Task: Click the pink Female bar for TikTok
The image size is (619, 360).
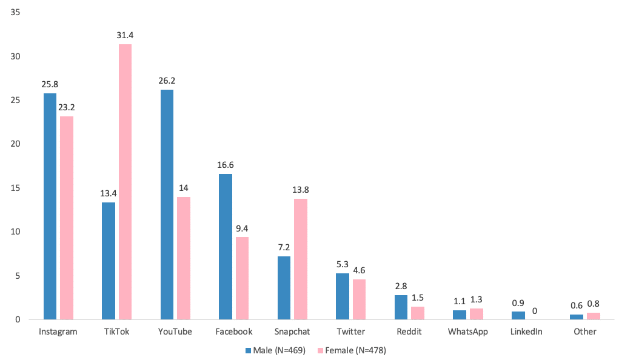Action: tap(125, 182)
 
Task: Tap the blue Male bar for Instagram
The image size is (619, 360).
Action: tap(50, 206)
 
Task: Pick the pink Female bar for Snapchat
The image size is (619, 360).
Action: tap(301, 259)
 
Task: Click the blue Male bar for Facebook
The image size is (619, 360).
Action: tap(226, 247)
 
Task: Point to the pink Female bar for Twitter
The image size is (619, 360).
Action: tap(359, 299)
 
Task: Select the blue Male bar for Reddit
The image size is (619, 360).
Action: tap(401, 307)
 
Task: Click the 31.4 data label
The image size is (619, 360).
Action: tap(125, 36)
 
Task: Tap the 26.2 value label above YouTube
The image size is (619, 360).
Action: tap(167, 81)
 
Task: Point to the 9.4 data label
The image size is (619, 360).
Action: tap(243, 228)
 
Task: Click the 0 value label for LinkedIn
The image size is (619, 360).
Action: tap(535, 311)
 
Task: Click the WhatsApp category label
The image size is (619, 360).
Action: tap(468, 332)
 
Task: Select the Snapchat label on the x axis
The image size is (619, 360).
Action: tap(292, 332)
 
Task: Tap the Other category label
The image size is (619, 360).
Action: tap(585, 332)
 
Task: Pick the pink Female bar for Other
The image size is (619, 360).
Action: tap(594, 316)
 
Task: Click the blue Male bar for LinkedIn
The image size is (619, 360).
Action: tap(518, 315)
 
